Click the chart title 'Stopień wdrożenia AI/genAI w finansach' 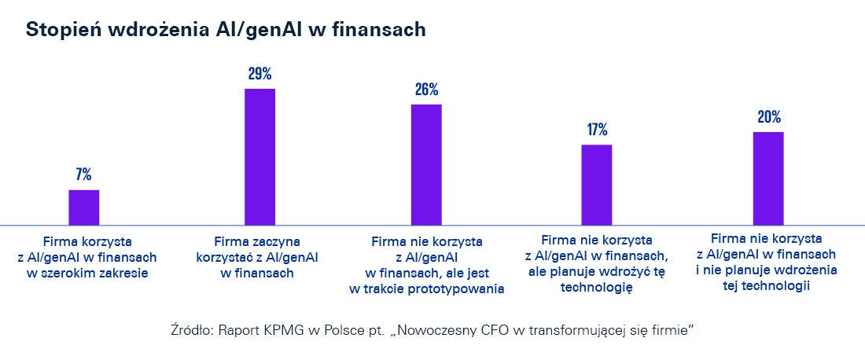226,30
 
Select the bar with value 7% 84,208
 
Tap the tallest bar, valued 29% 259,157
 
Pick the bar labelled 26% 426,165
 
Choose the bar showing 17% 597,185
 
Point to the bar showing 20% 768,178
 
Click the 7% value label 84,175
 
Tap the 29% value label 259,75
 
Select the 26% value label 426,90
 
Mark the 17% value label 597,130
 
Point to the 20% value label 768,118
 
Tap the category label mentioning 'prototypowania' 426,265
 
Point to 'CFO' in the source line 490,331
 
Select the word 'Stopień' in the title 59,30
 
